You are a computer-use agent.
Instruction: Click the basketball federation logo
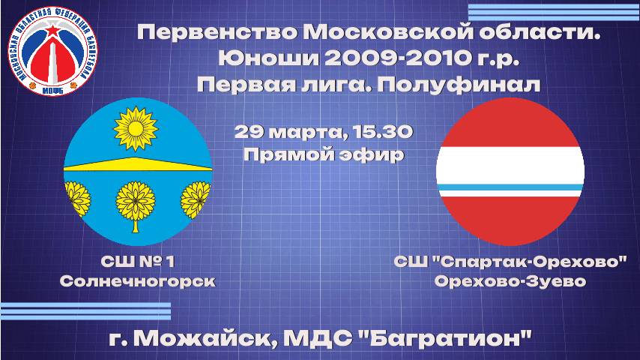coord(52,52)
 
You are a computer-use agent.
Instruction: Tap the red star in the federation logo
coord(52,31)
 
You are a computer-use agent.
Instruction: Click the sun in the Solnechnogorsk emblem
coord(136,129)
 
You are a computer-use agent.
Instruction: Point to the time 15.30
coord(383,133)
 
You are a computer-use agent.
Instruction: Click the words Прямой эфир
coord(324,154)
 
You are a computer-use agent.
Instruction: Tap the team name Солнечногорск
coord(138,281)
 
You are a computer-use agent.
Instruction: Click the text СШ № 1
coord(138,262)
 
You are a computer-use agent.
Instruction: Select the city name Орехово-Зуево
coord(510,281)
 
